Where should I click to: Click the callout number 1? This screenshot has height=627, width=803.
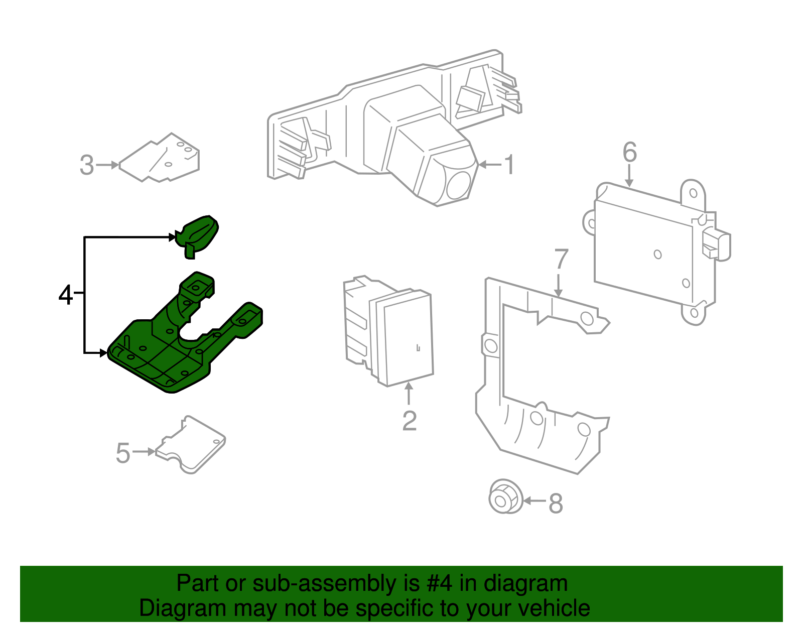coord(509,165)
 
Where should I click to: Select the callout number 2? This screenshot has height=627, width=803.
coord(409,421)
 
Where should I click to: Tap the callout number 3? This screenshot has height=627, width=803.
coord(87,165)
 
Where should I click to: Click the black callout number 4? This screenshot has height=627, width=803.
coord(66,295)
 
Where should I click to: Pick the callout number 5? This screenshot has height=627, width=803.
coord(123,453)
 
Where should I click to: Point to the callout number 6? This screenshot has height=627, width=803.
coord(629,152)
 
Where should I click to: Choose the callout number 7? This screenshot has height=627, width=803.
coord(561,259)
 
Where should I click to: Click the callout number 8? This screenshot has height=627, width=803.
coord(556,503)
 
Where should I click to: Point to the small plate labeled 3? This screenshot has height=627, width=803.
coord(161,158)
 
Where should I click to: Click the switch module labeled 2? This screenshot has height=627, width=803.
coord(396,336)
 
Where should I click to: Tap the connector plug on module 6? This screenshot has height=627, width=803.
coord(717,244)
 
